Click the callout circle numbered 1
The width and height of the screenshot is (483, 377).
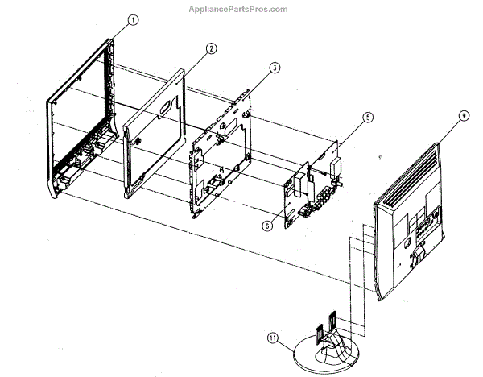coord(133,19)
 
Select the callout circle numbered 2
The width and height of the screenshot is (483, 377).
coord(210,48)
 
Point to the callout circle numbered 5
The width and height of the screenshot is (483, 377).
coord(367,118)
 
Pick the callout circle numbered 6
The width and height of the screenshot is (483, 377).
coord(266,226)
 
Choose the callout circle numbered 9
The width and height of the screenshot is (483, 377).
coord(464,116)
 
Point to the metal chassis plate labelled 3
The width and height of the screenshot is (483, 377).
coord(221,157)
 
